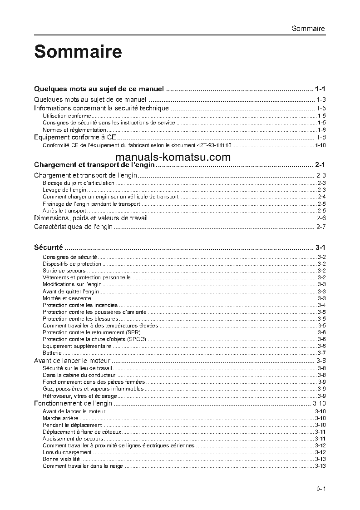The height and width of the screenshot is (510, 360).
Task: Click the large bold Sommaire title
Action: click(78, 52)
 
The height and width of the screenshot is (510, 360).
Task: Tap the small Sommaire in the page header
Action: click(308, 28)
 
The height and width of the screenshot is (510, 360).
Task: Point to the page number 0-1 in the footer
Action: click(321, 489)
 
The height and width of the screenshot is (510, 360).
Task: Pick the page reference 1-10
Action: click(320, 145)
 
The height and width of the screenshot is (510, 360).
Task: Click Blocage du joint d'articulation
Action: click(79, 183)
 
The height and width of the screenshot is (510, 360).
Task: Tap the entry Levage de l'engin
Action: click(64, 190)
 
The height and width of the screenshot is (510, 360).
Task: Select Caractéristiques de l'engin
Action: click(74, 227)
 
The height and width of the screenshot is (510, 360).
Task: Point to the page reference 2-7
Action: click(321, 227)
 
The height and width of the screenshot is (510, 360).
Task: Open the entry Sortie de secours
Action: click(64, 271)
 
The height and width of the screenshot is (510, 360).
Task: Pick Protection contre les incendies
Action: click(80, 305)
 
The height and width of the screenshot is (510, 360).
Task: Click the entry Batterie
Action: click(52, 353)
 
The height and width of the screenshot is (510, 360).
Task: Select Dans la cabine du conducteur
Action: click(79, 375)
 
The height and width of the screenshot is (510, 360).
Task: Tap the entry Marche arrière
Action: click(60, 418)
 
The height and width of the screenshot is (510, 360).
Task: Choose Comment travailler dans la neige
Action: click(83, 466)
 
